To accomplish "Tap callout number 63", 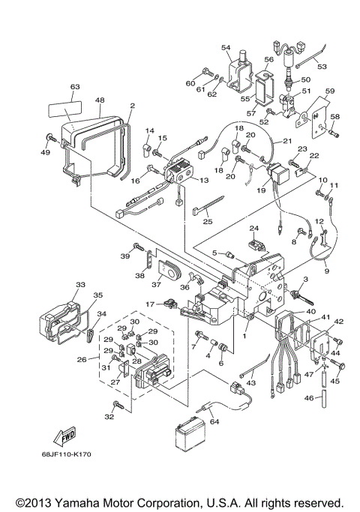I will pyautogui.click(x=74, y=87).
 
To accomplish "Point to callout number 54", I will pyautogui.click(x=226, y=47).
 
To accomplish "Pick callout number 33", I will pyautogui.click(x=80, y=285).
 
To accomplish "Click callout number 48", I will pyautogui.click(x=99, y=100).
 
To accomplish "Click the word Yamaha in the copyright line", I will pyautogui.click(x=100, y=501).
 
